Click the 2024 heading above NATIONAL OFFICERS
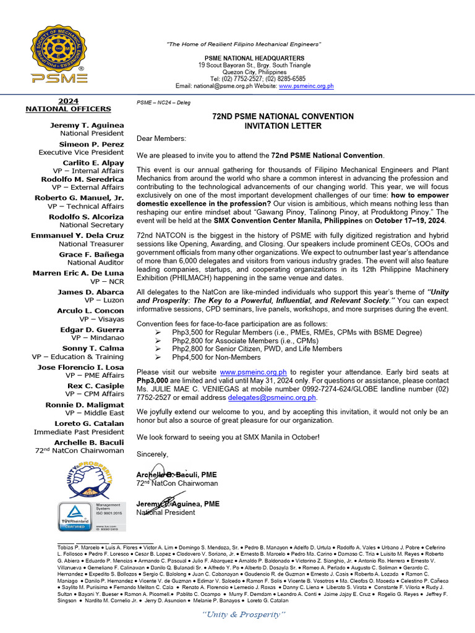point(68,101)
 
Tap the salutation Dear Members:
point(161,138)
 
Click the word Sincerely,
point(152,454)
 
